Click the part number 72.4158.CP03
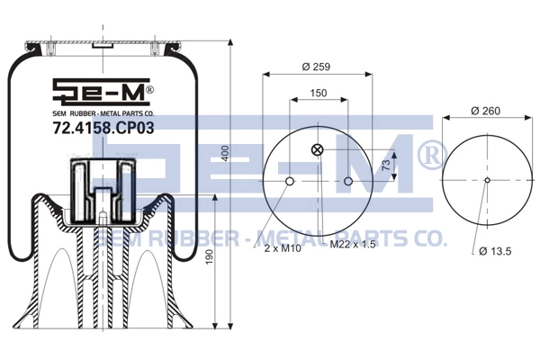103,128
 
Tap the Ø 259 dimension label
316,66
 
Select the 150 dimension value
319,93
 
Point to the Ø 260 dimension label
486,111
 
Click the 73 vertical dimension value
386,165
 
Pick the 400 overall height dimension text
225,153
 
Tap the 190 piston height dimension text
209,257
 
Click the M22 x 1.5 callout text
353,244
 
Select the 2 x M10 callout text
283,248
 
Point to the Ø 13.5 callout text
495,251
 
